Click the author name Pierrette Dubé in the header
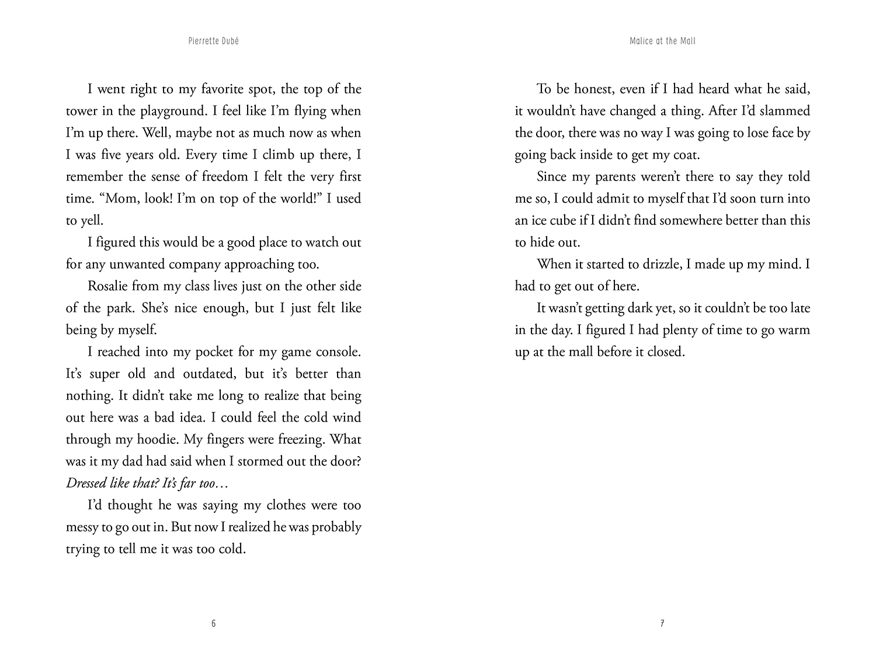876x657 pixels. click(x=213, y=41)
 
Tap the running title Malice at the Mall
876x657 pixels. click(x=663, y=41)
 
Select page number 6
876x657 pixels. click(x=213, y=624)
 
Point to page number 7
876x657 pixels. click(x=662, y=624)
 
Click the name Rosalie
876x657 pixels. click(x=108, y=286)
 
